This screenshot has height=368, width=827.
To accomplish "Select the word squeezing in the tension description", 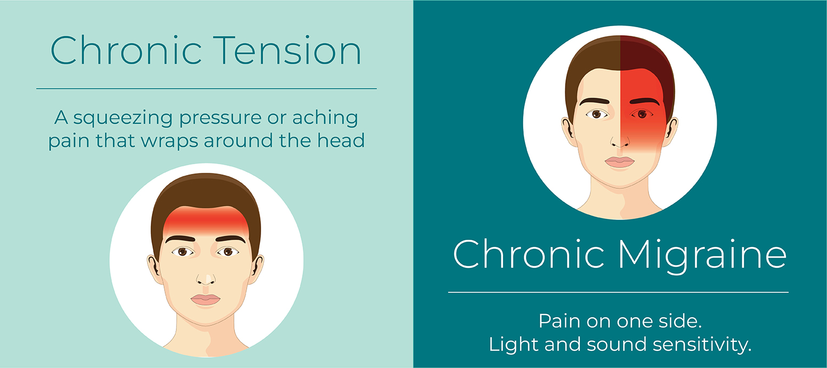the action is [123, 119].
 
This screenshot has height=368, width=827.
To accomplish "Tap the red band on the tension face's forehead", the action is [206, 221].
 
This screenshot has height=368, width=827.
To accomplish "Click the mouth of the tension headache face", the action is [205, 299].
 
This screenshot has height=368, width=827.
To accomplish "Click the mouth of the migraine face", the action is [620, 162].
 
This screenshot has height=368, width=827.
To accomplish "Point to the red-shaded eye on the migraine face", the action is [642, 114].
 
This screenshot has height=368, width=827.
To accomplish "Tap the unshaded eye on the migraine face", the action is [597, 114].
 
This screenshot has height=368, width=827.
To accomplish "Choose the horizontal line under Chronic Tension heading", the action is [206, 89].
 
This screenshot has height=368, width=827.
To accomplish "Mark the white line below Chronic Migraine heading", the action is [619, 292].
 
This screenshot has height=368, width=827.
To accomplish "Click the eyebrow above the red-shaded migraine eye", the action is [645, 101].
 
